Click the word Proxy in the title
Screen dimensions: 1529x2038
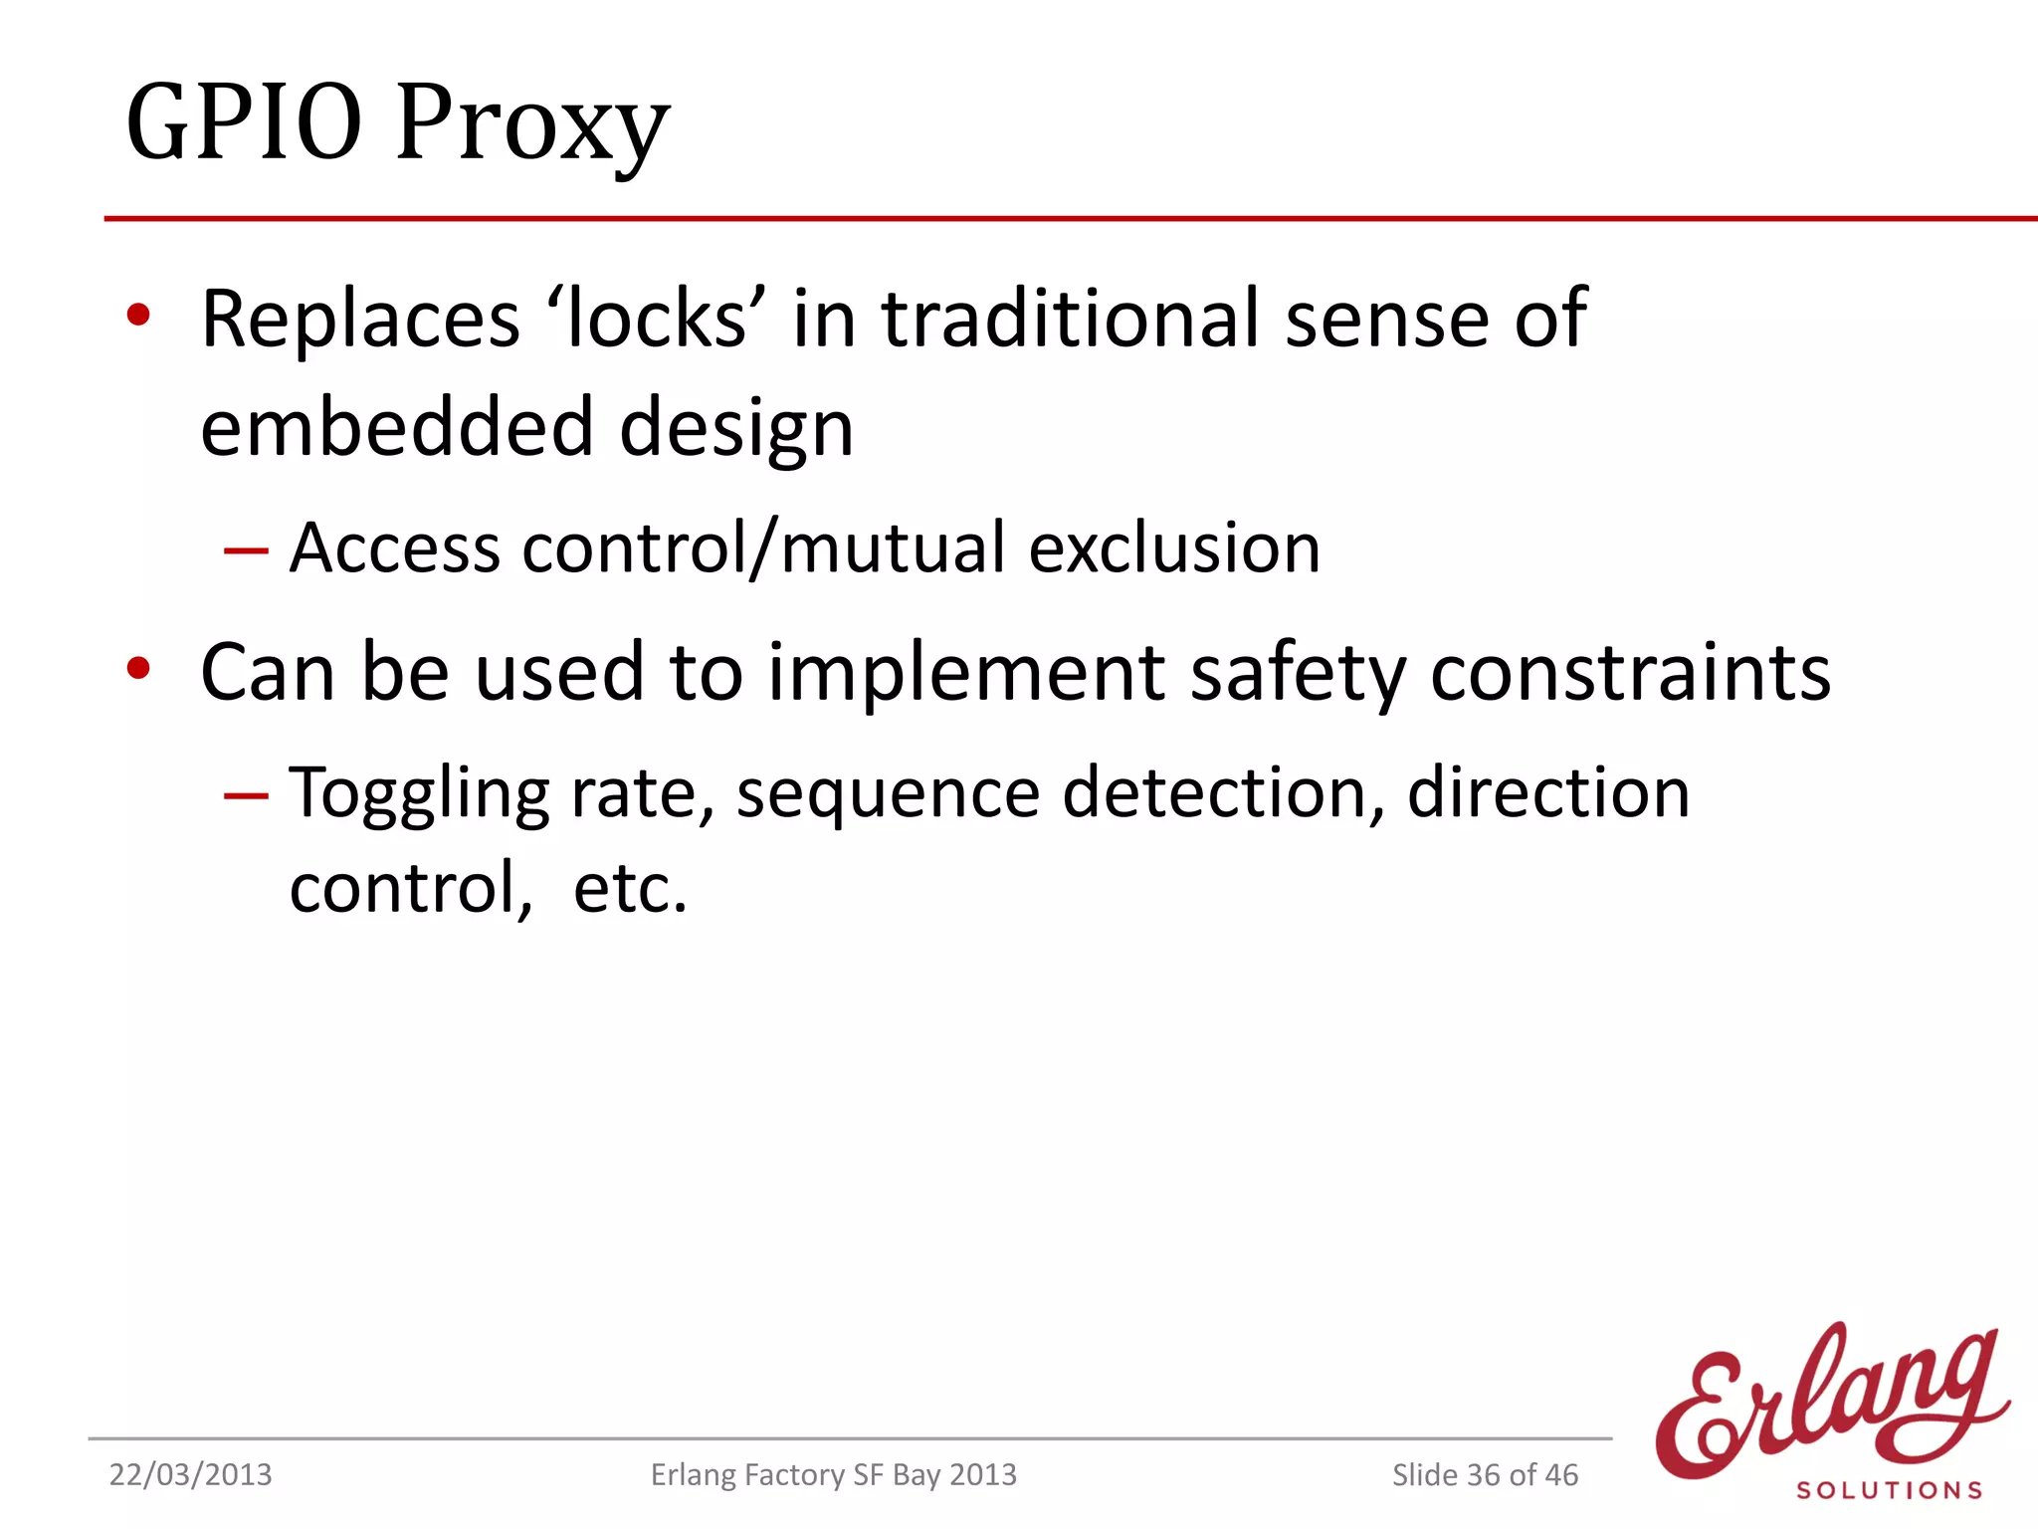[532, 127]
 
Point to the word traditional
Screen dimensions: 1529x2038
[1071, 320]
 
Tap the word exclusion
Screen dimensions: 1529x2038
[1174, 547]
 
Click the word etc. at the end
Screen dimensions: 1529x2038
[630, 888]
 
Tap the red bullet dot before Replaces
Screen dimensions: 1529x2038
[138, 317]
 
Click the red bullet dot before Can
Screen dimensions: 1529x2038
[138, 669]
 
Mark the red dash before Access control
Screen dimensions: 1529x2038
[246, 550]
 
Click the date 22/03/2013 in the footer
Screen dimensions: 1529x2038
[190, 1474]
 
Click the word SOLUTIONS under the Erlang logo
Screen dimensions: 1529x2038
[1889, 1490]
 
